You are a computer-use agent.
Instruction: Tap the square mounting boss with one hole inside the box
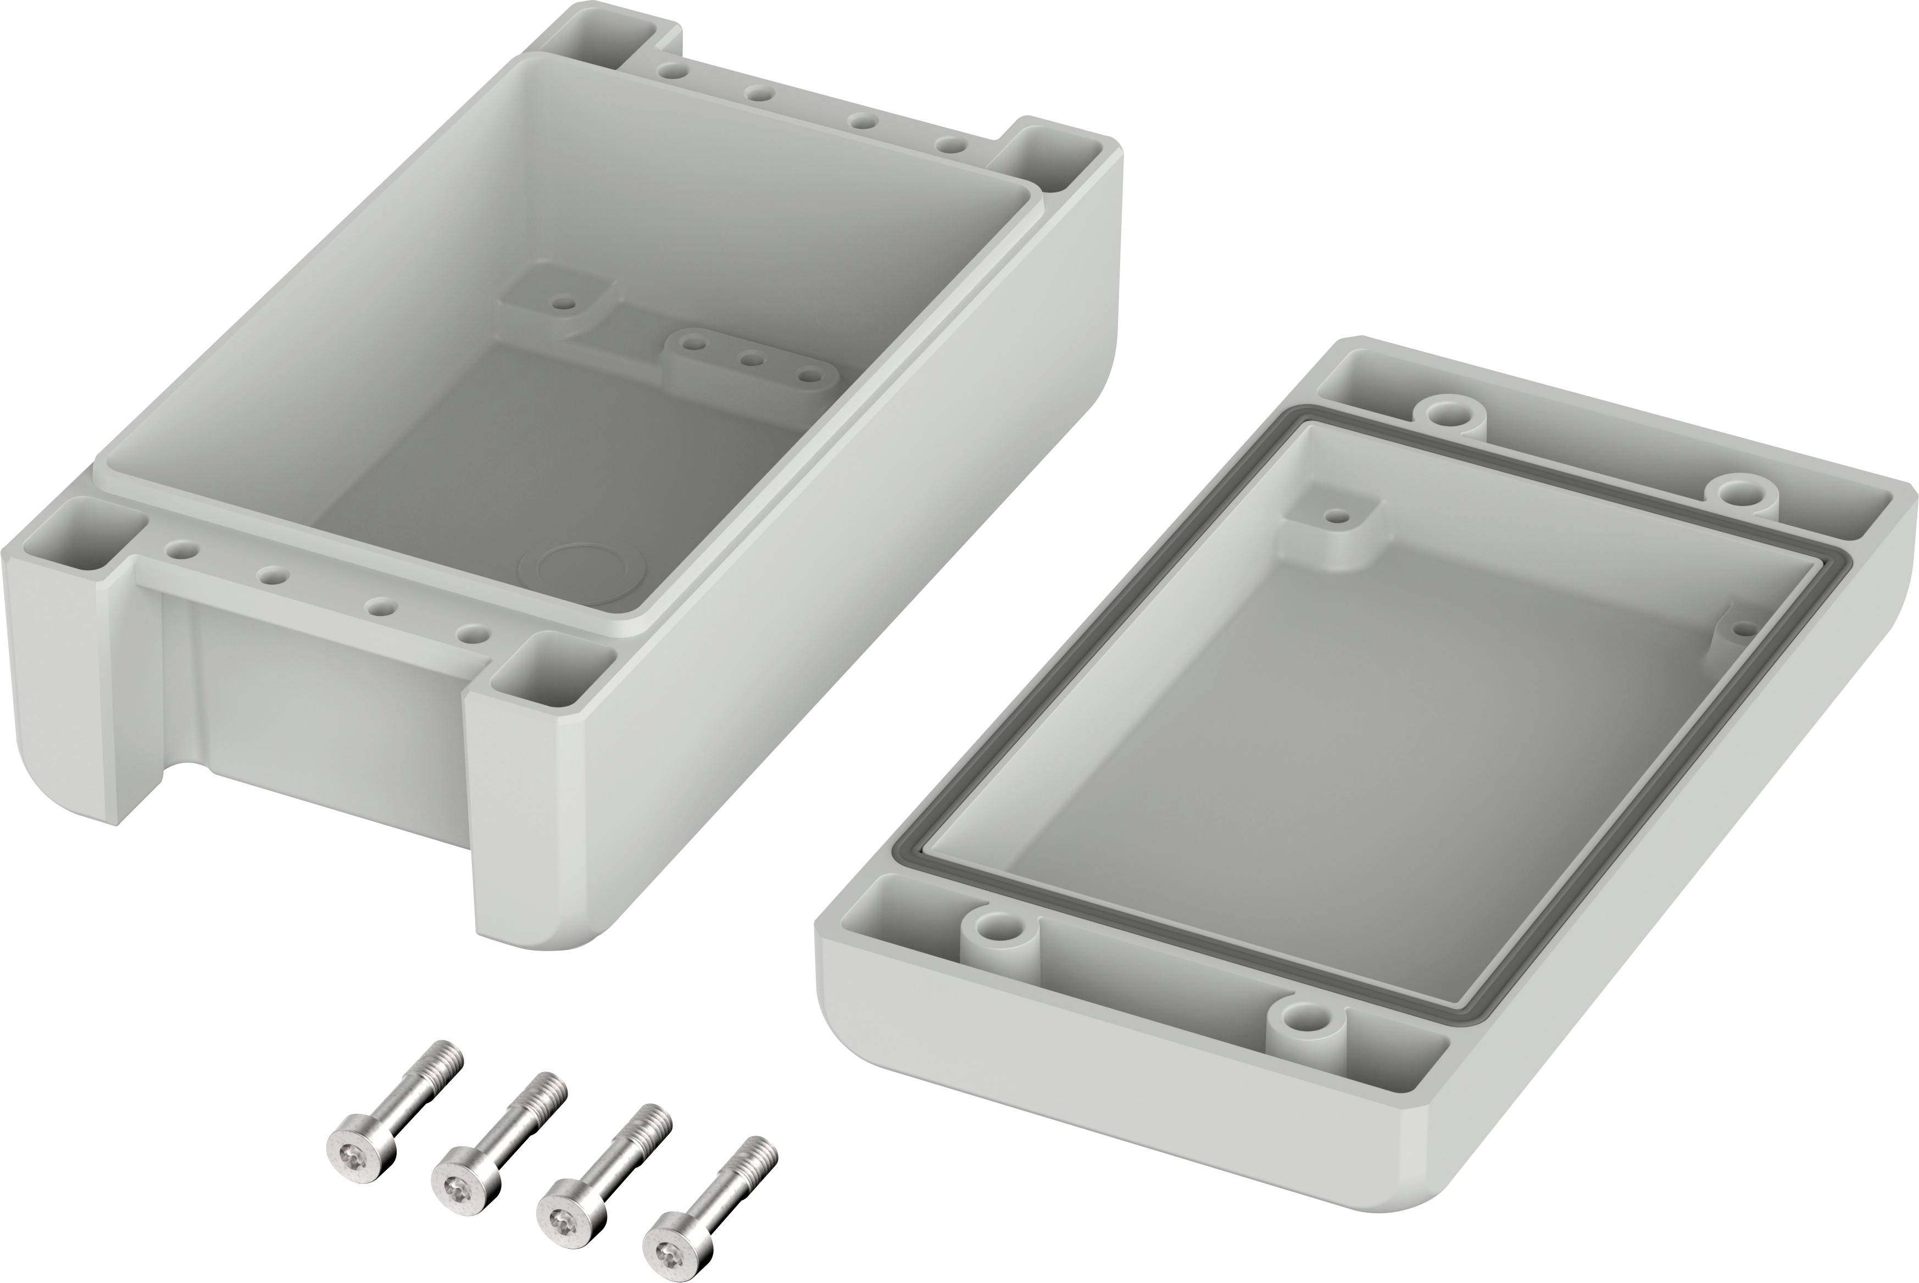(560, 303)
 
